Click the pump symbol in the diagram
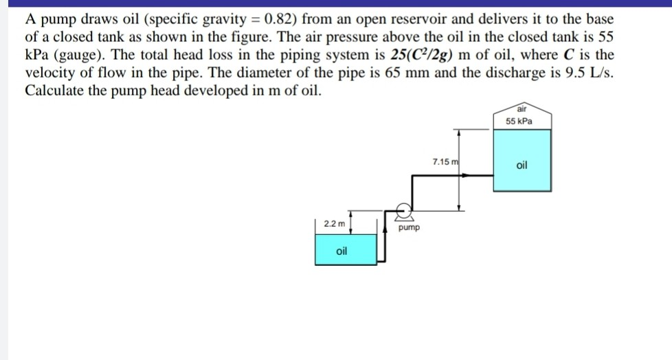[x=405, y=210]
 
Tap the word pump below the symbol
[x=409, y=226]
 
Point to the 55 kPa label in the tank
[x=521, y=121]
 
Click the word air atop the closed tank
[x=522, y=109]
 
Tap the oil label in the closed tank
[x=522, y=165]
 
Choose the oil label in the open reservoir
[x=342, y=251]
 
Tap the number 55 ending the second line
[x=605, y=38]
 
